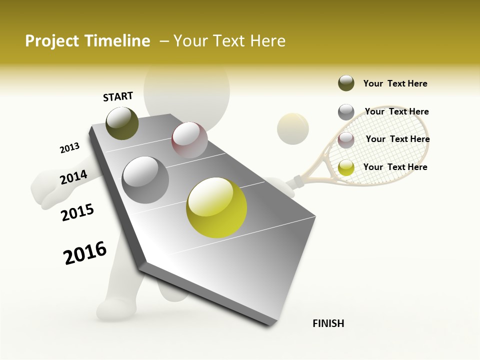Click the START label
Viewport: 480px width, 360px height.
click(x=118, y=96)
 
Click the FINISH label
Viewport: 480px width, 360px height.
click(x=328, y=323)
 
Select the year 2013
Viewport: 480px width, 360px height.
click(x=69, y=148)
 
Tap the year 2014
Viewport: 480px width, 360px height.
click(x=73, y=177)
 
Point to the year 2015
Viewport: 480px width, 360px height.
click(x=77, y=212)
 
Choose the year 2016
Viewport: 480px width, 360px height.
click(x=85, y=253)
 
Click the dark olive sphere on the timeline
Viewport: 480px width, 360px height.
click(x=122, y=123)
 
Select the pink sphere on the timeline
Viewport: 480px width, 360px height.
click(x=189, y=140)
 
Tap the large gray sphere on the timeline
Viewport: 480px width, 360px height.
click(x=145, y=179)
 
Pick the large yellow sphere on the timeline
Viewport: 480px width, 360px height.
click(x=216, y=207)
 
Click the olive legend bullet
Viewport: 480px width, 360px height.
click(x=346, y=83)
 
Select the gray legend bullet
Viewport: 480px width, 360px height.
click(x=346, y=112)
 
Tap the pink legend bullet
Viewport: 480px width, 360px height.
click(x=346, y=139)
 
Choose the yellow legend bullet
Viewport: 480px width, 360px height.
click(x=346, y=167)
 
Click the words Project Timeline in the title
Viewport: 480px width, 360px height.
click(x=87, y=41)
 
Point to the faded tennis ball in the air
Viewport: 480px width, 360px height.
click(x=293, y=129)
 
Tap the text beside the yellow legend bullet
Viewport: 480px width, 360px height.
click(x=395, y=167)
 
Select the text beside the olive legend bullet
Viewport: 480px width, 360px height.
click(x=395, y=83)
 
